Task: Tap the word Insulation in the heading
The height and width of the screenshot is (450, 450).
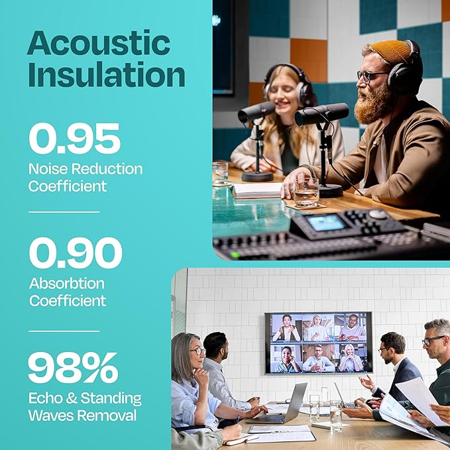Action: click(x=106, y=74)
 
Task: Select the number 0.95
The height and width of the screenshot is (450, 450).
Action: click(x=74, y=140)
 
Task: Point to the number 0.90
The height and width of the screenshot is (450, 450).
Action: click(x=75, y=253)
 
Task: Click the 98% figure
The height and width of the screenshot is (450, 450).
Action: click(x=73, y=368)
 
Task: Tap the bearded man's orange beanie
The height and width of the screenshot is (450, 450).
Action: click(x=389, y=51)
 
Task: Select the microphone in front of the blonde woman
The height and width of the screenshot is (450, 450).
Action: click(x=256, y=111)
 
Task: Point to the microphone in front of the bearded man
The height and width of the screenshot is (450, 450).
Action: click(x=321, y=114)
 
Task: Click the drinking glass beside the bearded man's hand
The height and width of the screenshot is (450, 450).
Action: click(x=307, y=194)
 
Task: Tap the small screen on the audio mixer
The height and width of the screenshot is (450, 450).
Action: click(x=326, y=223)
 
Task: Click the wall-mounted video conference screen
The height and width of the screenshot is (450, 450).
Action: click(x=318, y=343)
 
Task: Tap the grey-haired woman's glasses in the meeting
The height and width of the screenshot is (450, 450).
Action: click(x=197, y=351)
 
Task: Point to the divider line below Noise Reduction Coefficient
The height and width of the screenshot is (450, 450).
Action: click(x=64, y=212)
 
